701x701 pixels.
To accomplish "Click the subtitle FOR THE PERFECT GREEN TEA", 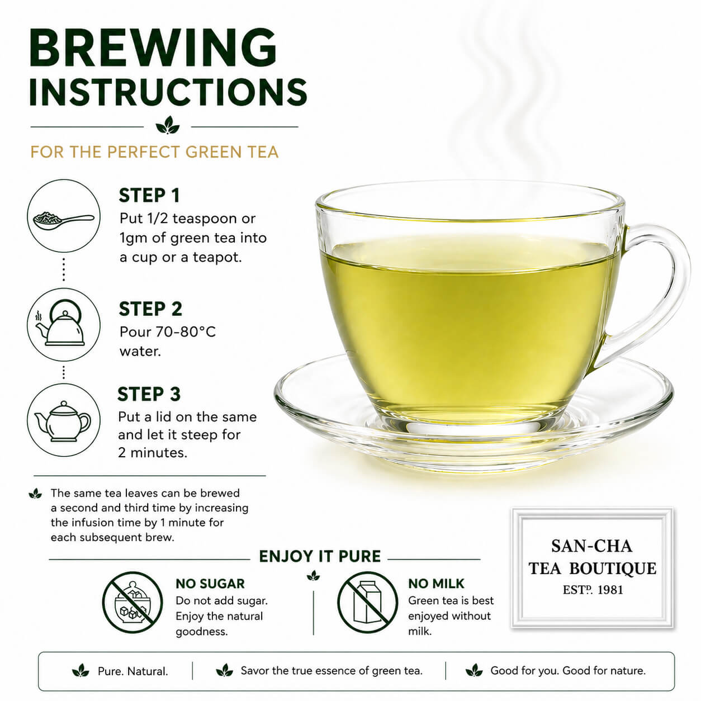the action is pyautogui.click(x=155, y=151).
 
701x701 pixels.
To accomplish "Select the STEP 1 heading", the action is pyautogui.click(x=149, y=195).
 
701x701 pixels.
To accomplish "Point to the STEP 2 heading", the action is pyautogui.click(x=150, y=309).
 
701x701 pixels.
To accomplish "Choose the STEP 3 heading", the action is pyautogui.click(x=149, y=394).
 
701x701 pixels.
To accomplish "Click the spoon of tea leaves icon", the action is pyautogui.click(x=64, y=219).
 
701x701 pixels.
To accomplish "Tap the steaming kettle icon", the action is pyautogui.click(x=62, y=323).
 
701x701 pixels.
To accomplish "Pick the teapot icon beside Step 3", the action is pyautogui.click(x=63, y=421).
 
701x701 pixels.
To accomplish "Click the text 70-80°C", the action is pyautogui.click(x=186, y=331).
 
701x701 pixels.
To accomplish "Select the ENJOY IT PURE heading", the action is pyautogui.click(x=320, y=557).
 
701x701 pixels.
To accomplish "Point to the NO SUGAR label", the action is pyautogui.click(x=210, y=584).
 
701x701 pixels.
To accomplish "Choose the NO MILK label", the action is pyautogui.click(x=436, y=584).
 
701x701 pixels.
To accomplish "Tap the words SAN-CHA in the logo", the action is pyautogui.click(x=591, y=546).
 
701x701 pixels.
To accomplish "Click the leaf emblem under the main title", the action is pyautogui.click(x=167, y=125).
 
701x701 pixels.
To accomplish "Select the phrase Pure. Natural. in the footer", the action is pyautogui.click(x=133, y=671).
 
